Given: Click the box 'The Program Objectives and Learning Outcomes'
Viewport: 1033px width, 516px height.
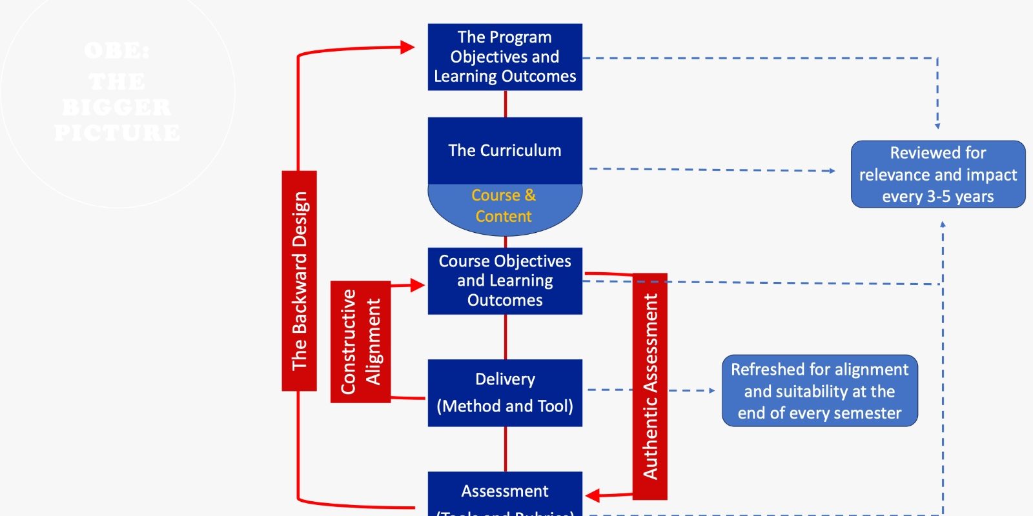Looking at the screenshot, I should coord(505,57).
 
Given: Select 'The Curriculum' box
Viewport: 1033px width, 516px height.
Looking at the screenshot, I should coord(505,150).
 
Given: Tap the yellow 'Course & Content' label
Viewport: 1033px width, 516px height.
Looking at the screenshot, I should coord(504,206).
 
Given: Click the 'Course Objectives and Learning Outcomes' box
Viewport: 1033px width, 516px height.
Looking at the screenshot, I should coord(505,281).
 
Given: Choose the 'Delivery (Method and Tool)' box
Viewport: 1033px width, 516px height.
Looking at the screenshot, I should coord(505,392).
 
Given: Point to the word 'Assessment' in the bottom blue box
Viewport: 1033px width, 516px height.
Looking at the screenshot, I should coord(505,491).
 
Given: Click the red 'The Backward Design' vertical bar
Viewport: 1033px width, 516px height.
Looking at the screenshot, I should coord(299,281).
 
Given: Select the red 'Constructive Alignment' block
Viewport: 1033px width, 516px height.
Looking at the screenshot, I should coord(360,342).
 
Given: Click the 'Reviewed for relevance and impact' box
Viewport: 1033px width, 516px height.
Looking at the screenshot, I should coord(938,174).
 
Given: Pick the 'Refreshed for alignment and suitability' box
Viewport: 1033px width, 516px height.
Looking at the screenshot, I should coord(819,391).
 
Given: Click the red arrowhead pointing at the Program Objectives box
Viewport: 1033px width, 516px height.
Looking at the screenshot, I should coord(407,47).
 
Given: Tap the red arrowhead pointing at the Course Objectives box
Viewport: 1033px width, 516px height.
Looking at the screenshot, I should coord(417,284).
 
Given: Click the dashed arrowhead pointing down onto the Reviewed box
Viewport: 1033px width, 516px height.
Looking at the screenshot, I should coord(937,126).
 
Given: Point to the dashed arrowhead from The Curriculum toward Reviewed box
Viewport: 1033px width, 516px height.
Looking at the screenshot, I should coord(832,171).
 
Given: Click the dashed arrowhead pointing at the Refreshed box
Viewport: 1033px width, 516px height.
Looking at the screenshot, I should coord(711,390).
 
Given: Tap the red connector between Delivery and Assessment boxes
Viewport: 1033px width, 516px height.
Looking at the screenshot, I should coord(506,449).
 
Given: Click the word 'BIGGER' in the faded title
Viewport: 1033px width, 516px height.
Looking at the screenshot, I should coord(118,107).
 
